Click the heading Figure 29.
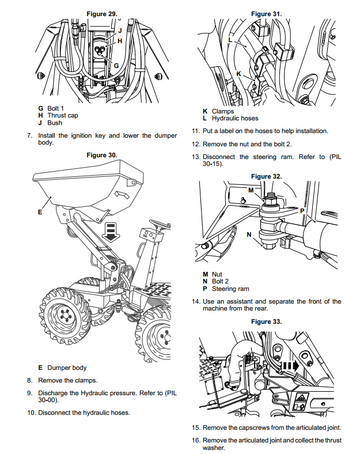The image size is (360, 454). click(102, 14)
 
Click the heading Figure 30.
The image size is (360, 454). click(102, 155)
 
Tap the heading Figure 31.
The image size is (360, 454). click(266, 14)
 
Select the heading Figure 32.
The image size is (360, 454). click(266, 176)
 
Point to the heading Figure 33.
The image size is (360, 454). click(266, 322)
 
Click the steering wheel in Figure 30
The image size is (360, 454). click(157, 223)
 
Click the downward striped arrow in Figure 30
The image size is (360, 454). click(111, 232)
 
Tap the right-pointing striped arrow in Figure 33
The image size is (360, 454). click(291, 366)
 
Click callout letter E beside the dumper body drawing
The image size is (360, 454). click(40, 212)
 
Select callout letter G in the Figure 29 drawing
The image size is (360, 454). click(116, 66)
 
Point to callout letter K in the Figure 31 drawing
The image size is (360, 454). click(239, 73)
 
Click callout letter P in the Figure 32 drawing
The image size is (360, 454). click(302, 211)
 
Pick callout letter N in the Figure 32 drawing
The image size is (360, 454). click(249, 235)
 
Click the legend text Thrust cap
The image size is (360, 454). click(63, 116)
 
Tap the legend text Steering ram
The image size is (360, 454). click(231, 289)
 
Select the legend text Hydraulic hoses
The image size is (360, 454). click(235, 118)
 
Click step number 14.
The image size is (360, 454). click(196, 301)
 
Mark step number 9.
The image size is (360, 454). click(30, 393)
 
